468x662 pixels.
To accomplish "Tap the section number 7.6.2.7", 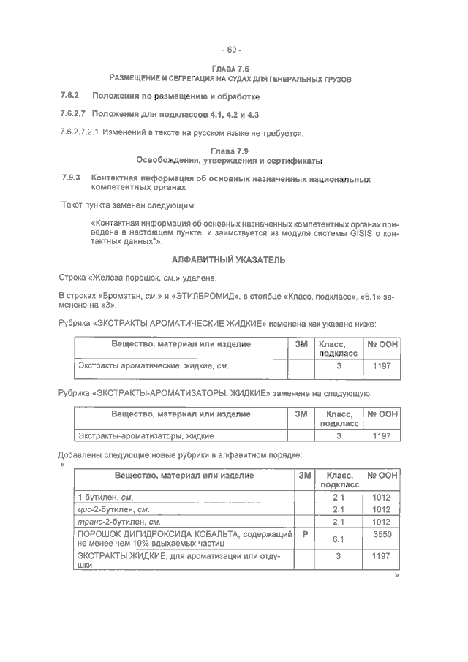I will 73,115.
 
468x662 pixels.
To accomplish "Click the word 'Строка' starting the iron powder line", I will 73,278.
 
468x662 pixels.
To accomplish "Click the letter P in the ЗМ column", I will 304,535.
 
